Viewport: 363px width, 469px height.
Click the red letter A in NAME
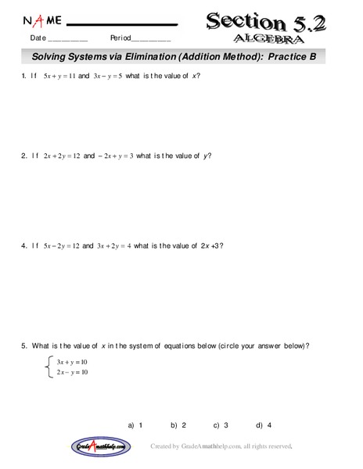[x=39, y=20]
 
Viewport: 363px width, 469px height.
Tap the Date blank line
[x=68, y=39]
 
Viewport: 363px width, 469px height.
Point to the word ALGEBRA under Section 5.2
[x=268, y=38]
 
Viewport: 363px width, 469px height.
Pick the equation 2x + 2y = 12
[x=62, y=156]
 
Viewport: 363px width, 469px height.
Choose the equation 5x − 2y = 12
[x=61, y=245]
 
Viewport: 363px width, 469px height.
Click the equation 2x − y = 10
[x=72, y=372]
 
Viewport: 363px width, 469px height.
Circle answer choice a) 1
[x=135, y=425]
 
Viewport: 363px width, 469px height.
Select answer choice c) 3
[x=221, y=425]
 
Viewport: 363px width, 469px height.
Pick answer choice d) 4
[x=264, y=425]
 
